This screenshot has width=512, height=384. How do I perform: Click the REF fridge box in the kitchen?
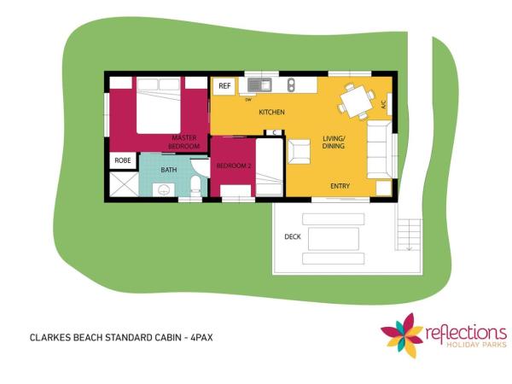[x=225, y=86]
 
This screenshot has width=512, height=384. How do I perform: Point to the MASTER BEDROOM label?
[x=184, y=142]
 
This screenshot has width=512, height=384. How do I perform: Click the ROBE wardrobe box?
[x=122, y=160]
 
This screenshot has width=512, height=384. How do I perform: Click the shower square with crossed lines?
[x=123, y=185]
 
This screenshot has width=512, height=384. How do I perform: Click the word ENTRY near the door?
[x=340, y=185]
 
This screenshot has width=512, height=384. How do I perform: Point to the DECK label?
[x=291, y=236]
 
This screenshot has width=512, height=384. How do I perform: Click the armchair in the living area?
[x=299, y=151]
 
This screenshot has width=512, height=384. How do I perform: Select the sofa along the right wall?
[x=381, y=146]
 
